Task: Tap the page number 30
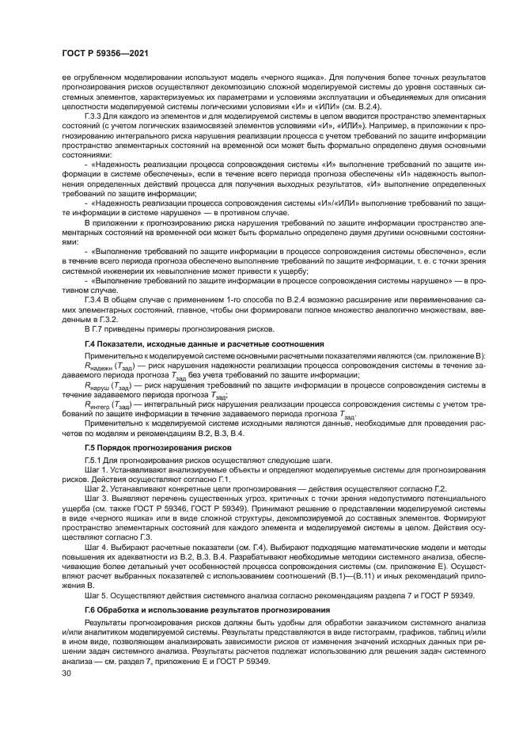click(x=55, y=673)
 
